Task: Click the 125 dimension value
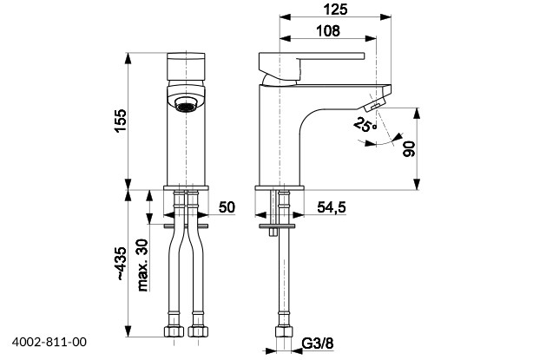(x=335, y=10)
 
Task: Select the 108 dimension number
(x=328, y=31)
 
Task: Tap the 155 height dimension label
(x=121, y=121)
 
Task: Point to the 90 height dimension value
(x=409, y=148)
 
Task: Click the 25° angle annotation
(x=365, y=124)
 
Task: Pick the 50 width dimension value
(x=227, y=206)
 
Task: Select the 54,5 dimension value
(x=332, y=207)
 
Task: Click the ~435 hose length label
(x=121, y=263)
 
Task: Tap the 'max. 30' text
(x=142, y=265)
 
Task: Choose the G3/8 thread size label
(x=318, y=344)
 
